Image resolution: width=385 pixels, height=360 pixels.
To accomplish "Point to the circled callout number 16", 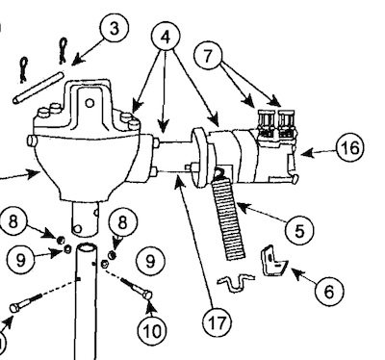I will [349, 148].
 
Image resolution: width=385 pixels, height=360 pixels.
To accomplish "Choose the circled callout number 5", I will [299, 231].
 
